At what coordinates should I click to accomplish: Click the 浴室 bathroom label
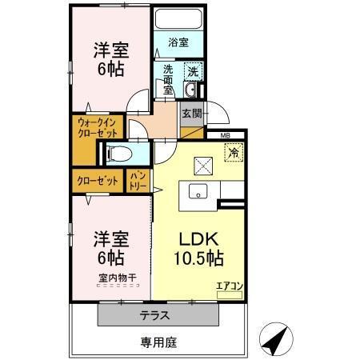click(178, 42)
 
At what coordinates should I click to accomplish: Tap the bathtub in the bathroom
click(178, 19)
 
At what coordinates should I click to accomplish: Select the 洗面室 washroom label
click(167, 78)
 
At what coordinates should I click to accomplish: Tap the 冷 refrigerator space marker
click(234, 150)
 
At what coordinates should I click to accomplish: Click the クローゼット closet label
click(99, 181)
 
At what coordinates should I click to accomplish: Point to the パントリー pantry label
click(138, 181)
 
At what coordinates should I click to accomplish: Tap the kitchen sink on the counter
click(198, 191)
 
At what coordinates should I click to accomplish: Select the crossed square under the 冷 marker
click(202, 166)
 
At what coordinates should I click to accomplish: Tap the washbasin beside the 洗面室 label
click(192, 88)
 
